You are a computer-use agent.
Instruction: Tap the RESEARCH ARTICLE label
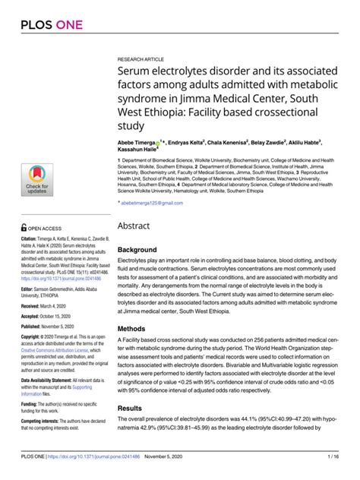click(x=142, y=58)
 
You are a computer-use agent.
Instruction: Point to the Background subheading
click(x=137, y=249)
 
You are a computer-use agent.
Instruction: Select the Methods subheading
click(x=131, y=329)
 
